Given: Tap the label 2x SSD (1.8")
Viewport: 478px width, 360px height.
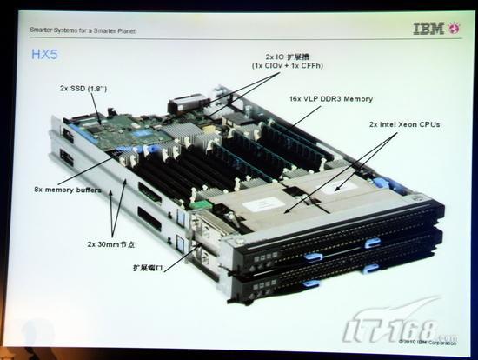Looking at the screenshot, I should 84,89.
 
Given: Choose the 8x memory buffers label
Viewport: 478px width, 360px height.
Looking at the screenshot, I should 67,189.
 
